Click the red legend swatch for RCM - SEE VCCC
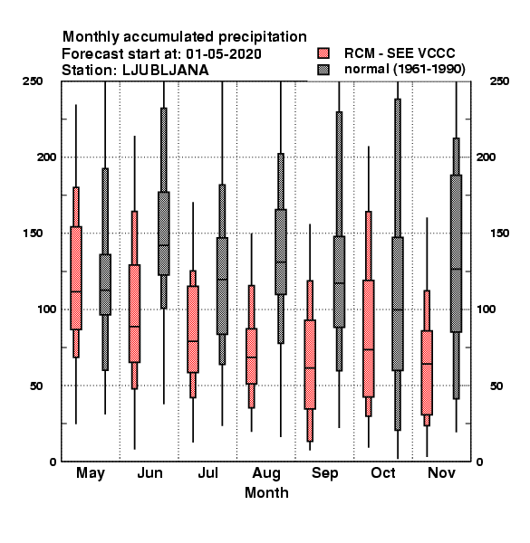[x=323, y=53]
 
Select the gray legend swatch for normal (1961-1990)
[x=323, y=70]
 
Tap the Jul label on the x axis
[x=207, y=472]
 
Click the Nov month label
[x=441, y=472]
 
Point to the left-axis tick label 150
[x=33, y=233]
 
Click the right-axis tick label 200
[x=486, y=157]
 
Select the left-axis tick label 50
[x=36, y=386]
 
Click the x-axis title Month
[x=266, y=492]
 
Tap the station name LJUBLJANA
[x=166, y=70]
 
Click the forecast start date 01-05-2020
[x=224, y=53]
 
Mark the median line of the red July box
[x=193, y=341]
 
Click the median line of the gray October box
[x=398, y=310]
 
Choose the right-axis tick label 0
[x=479, y=462]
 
